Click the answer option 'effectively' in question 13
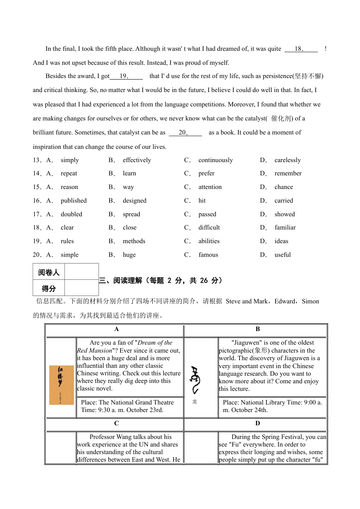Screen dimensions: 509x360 tap(137, 160)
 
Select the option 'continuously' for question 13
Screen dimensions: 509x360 tap(216, 160)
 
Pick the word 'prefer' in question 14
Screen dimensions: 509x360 tap(207, 173)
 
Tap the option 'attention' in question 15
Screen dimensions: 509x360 tap(210, 187)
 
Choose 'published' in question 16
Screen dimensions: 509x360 tap(74, 201)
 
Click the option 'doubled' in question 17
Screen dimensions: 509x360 tap(71, 214)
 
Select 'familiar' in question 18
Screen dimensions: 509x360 tap(285, 228)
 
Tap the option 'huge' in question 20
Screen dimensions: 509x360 tap(129, 255)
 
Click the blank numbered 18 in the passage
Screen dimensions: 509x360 tap(301, 49)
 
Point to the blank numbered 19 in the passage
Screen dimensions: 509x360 tap(126, 76)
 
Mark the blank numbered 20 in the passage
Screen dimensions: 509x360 tap(185, 133)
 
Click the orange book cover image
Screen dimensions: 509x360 tap(61, 385)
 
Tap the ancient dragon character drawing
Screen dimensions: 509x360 tap(195, 380)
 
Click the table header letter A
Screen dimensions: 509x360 tap(116, 329)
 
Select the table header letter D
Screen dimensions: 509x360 tap(258, 423)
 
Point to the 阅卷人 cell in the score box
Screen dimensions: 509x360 tap(49, 272)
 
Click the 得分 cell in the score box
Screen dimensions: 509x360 tap(49, 289)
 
